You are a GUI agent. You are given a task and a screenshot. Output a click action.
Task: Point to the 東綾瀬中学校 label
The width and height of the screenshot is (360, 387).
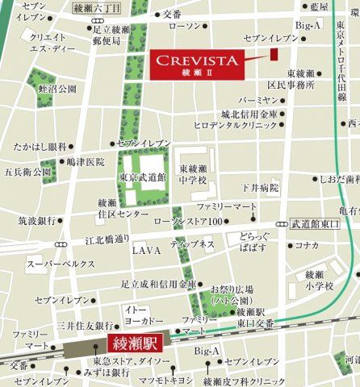pos(195,173)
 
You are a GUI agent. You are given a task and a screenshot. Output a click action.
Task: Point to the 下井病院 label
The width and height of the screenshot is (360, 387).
pos(258,187)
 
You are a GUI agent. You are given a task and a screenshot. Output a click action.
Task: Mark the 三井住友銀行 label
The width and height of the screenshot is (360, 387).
pos(86,326)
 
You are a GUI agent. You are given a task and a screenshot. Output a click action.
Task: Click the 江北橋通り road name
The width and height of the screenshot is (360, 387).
pos(85,239)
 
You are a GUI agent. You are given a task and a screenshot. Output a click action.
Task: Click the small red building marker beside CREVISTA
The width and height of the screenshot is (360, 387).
pos(274,54)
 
